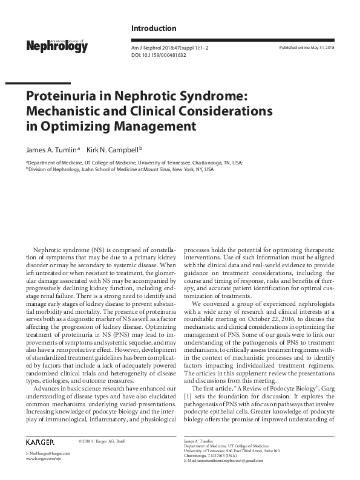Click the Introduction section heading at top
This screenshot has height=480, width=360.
[154, 28]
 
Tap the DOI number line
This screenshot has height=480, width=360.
[159, 55]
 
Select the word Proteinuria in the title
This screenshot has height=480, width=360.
[63, 96]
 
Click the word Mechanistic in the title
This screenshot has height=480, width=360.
[66, 111]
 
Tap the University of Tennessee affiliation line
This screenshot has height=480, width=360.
[133, 163]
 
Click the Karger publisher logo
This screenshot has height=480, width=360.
[40, 443]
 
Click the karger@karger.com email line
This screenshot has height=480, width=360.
[48, 454]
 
